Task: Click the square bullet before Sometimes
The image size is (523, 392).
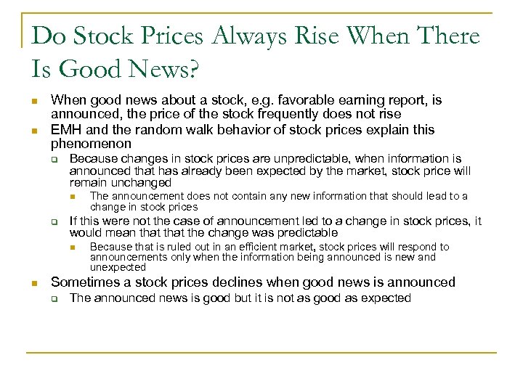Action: pyautogui.click(x=34, y=283)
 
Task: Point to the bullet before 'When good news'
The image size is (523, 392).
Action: pyautogui.click(x=34, y=101)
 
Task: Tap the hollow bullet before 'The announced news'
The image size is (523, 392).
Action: pyautogui.click(x=54, y=298)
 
